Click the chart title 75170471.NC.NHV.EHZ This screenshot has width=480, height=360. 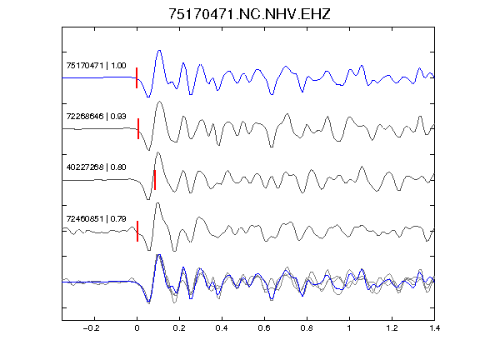point(249,14)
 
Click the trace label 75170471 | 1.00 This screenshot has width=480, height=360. point(96,66)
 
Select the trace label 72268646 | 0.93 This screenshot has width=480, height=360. point(96,117)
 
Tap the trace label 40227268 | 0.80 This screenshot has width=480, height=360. point(96,167)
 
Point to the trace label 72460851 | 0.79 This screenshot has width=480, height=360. point(96,219)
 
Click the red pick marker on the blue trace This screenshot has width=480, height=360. point(137,77)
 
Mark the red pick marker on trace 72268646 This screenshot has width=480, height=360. point(138,128)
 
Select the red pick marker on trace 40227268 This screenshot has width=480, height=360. point(155,180)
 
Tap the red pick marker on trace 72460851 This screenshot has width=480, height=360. point(137,231)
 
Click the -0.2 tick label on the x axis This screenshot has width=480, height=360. point(91,328)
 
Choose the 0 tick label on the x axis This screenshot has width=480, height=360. point(137,328)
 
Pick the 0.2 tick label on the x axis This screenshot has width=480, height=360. point(179,328)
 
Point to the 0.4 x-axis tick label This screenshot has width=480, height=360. point(222,328)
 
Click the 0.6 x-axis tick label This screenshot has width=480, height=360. point(264,328)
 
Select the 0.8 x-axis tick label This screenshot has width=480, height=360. point(307,328)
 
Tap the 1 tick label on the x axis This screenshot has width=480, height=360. point(349,328)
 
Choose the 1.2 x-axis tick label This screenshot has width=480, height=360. point(392,328)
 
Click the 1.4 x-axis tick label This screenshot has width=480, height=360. point(434,328)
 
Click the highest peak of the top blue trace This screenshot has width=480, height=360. point(159,51)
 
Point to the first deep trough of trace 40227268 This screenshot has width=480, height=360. point(148,199)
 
